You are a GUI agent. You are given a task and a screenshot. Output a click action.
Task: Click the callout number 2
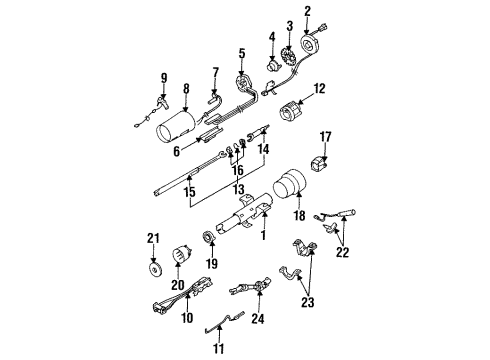point(308,11)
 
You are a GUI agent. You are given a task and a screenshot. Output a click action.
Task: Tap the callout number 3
point(290,25)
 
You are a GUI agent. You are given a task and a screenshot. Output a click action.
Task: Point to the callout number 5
point(240,52)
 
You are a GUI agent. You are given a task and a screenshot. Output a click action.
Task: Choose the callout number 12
point(319,91)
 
